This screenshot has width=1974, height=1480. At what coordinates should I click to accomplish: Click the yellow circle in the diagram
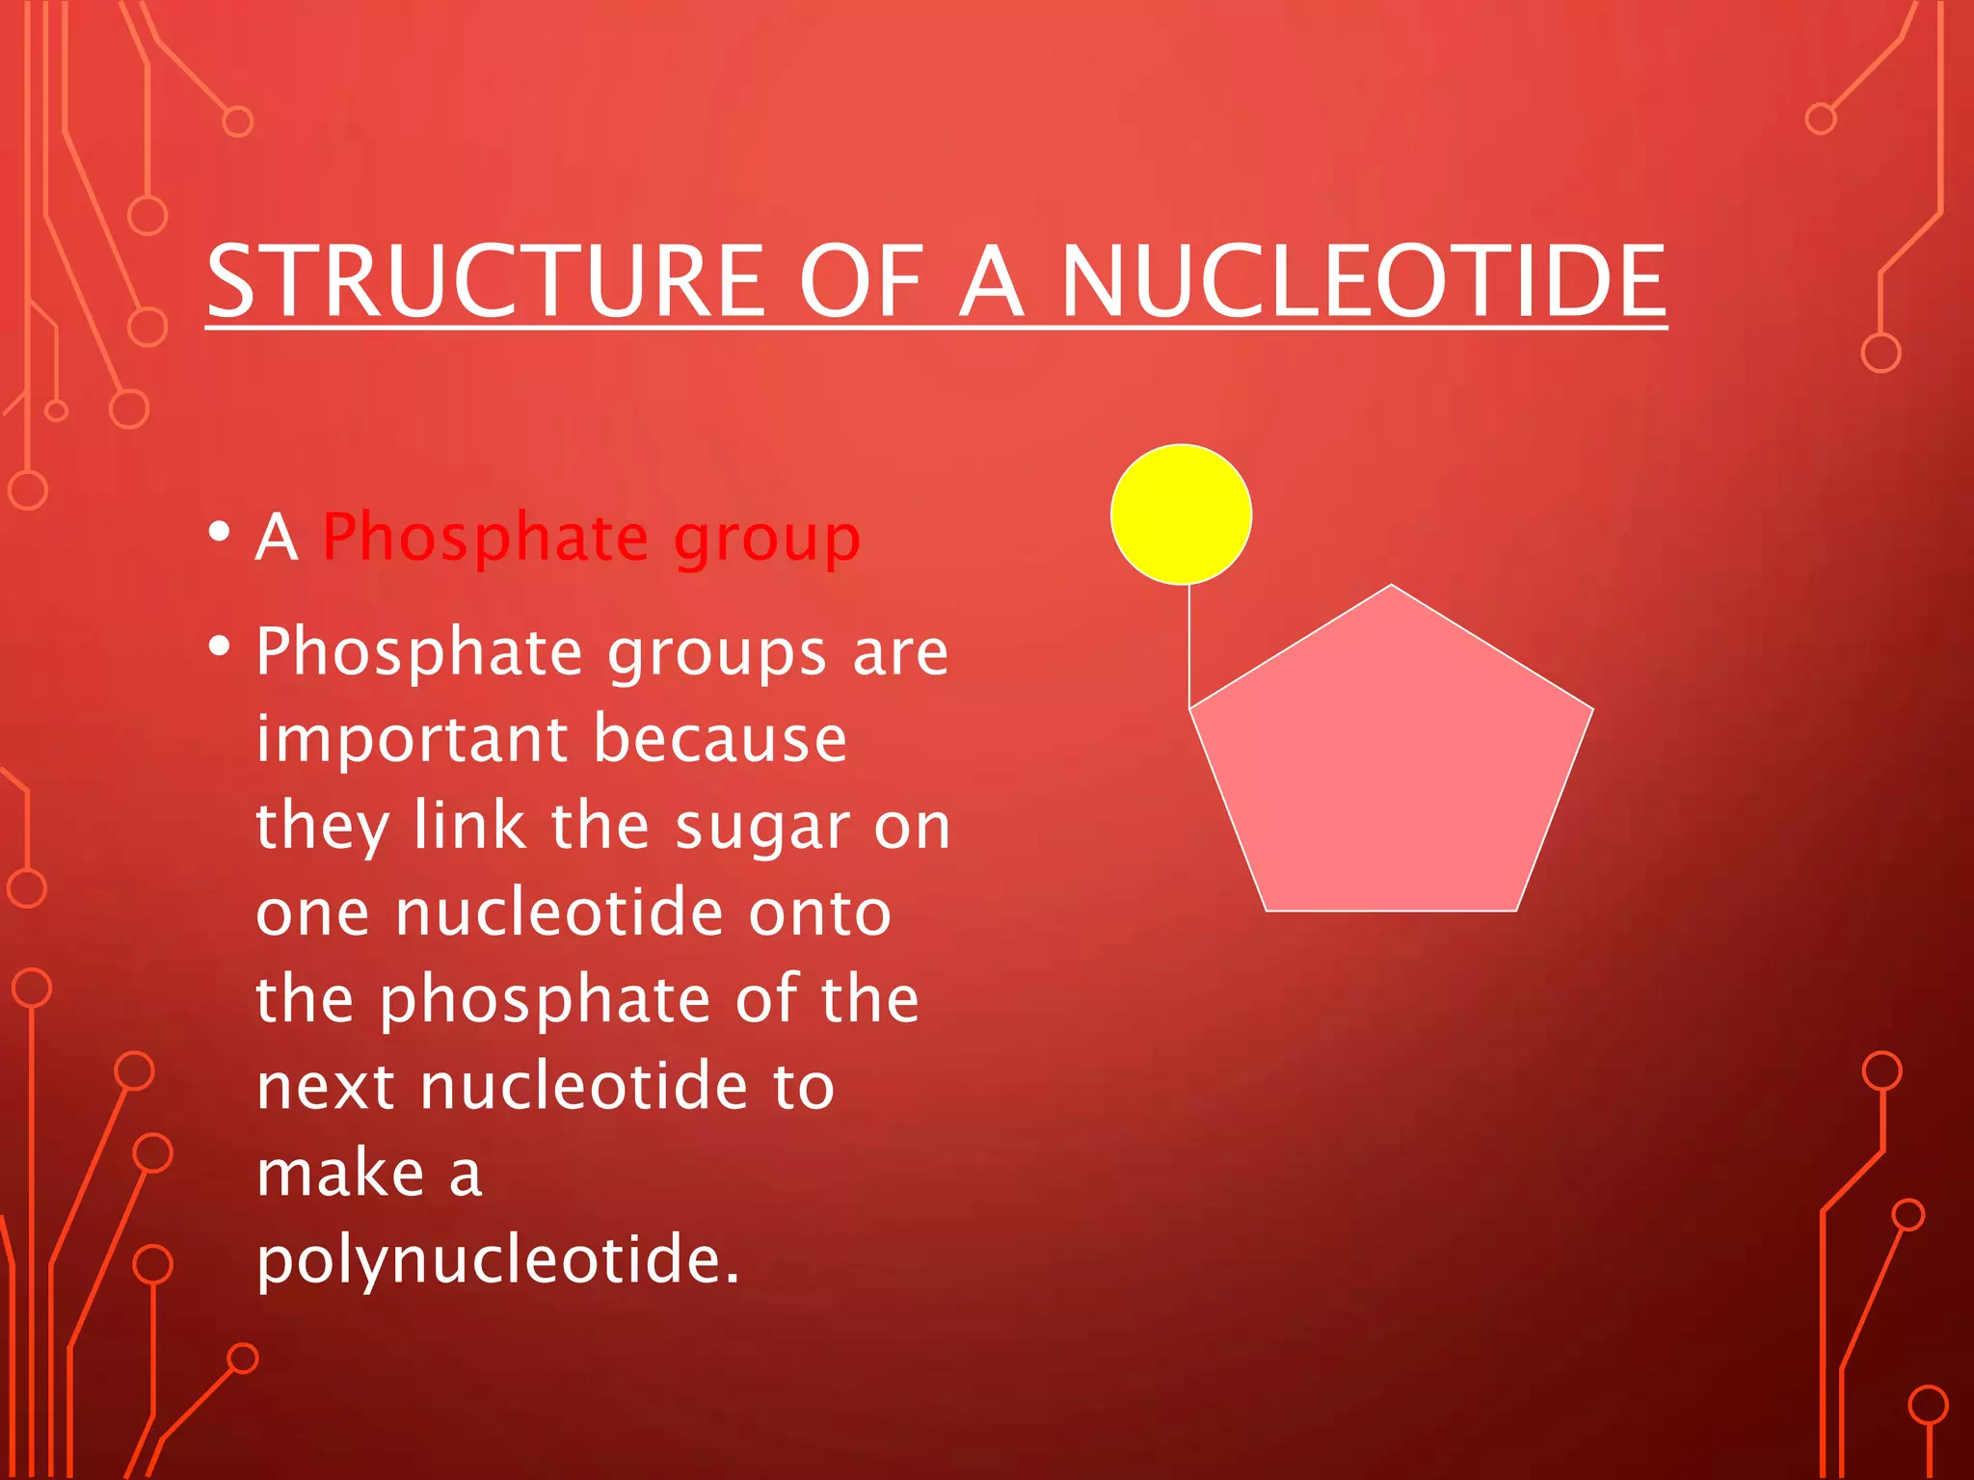click(1181, 515)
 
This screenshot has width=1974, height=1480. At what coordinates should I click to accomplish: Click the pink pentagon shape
click(1391, 771)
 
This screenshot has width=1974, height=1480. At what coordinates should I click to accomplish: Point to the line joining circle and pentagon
click(1189, 646)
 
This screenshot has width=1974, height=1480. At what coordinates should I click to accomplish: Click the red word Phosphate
click(486, 538)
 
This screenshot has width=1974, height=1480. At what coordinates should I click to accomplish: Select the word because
click(720, 739)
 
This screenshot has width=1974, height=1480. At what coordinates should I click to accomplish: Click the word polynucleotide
click(497, 1260)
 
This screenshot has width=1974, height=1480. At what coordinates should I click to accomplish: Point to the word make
click(340, 1173)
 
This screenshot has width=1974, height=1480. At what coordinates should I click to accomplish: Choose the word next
click(326, 1086)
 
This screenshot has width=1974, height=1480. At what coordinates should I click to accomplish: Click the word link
click(469, 826)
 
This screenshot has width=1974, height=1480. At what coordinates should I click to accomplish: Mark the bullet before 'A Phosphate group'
click(220, 531)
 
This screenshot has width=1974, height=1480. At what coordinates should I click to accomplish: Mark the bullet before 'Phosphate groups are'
click(220, 646)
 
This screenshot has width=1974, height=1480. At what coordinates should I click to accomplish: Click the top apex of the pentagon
click(1391, 587)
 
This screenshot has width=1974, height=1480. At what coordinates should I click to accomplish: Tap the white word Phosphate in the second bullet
click(419, 654)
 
